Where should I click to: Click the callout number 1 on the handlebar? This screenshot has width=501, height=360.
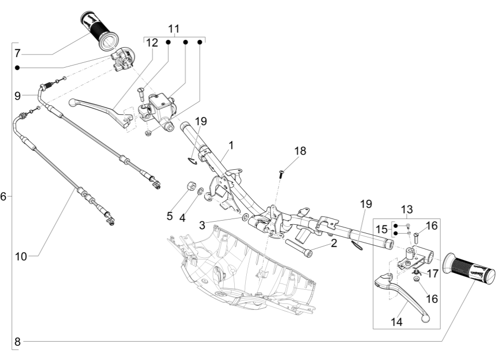pyautogui.click(x=232, y=144)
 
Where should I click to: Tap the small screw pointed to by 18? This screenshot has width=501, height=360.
pyautogui.click(x=281, y=175)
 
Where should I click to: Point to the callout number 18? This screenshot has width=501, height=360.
pyautogui.click(x=299, y=151)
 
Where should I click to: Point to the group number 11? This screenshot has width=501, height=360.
pyautogui.click(x=173, y=28)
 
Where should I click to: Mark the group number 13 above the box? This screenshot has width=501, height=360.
pyautogui.click(x=407, y=210)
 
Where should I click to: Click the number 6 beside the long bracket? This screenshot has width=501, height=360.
pyautogui.click(x=4, y=197)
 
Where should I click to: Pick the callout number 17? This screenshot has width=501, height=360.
pyautogui.click(x=432, y=273)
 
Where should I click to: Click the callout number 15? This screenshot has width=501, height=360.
pyautogui.click(x=382, y=230)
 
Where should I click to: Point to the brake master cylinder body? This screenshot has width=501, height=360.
pyautogui.click(x=160, y=107)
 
